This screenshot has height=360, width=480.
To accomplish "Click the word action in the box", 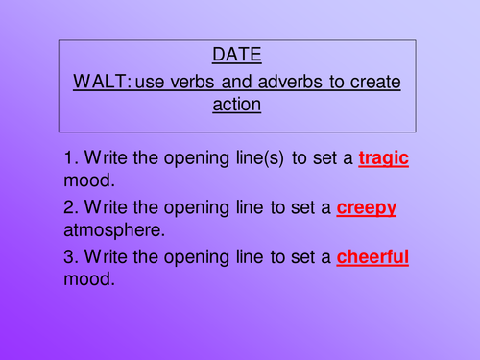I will coord(236,105).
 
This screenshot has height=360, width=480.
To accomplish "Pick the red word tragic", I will coord(383,158).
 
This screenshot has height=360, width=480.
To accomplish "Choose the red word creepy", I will coord(367,207).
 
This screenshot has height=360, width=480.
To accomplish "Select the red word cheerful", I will coord(372,256).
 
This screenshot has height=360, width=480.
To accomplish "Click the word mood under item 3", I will coord(92,280).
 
